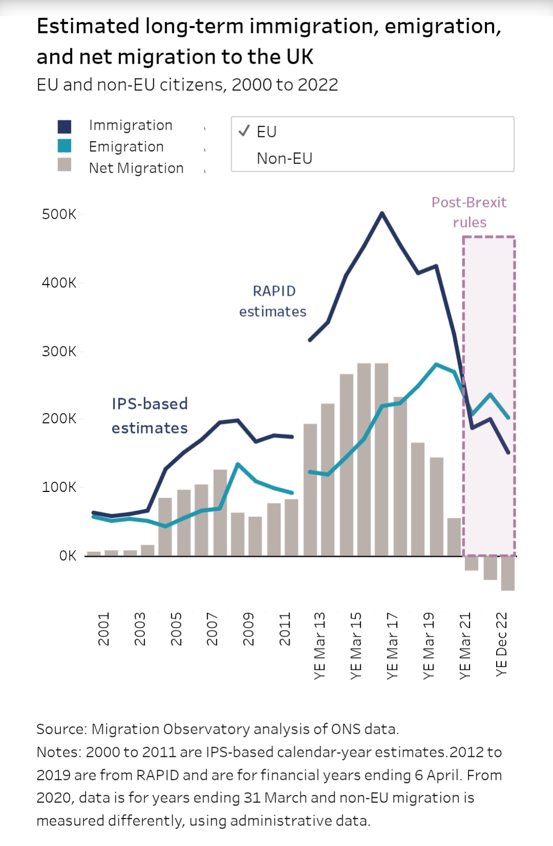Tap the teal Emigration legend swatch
[x=65, y=146]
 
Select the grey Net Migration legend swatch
[x=65, y=165]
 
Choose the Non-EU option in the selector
[x=284, y=158]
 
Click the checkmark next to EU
[x=244, y=131]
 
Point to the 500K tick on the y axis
[x=59, y=214]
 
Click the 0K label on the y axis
[x=67, y=556]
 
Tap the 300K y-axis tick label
[x=59, y=352]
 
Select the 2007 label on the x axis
[x=212, y=629]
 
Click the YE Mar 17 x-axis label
[x=392, y=646]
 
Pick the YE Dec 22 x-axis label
[x=501, y=644]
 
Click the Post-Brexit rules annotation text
[x=469, y=212]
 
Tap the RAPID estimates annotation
[x=273, y=301]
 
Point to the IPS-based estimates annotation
[x=150, y=416]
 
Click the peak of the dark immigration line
[x=382, y=213]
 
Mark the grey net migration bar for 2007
[x=220, y=512]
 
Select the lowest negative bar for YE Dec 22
[x=508, y=573]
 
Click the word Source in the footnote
[x=60, y=729]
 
